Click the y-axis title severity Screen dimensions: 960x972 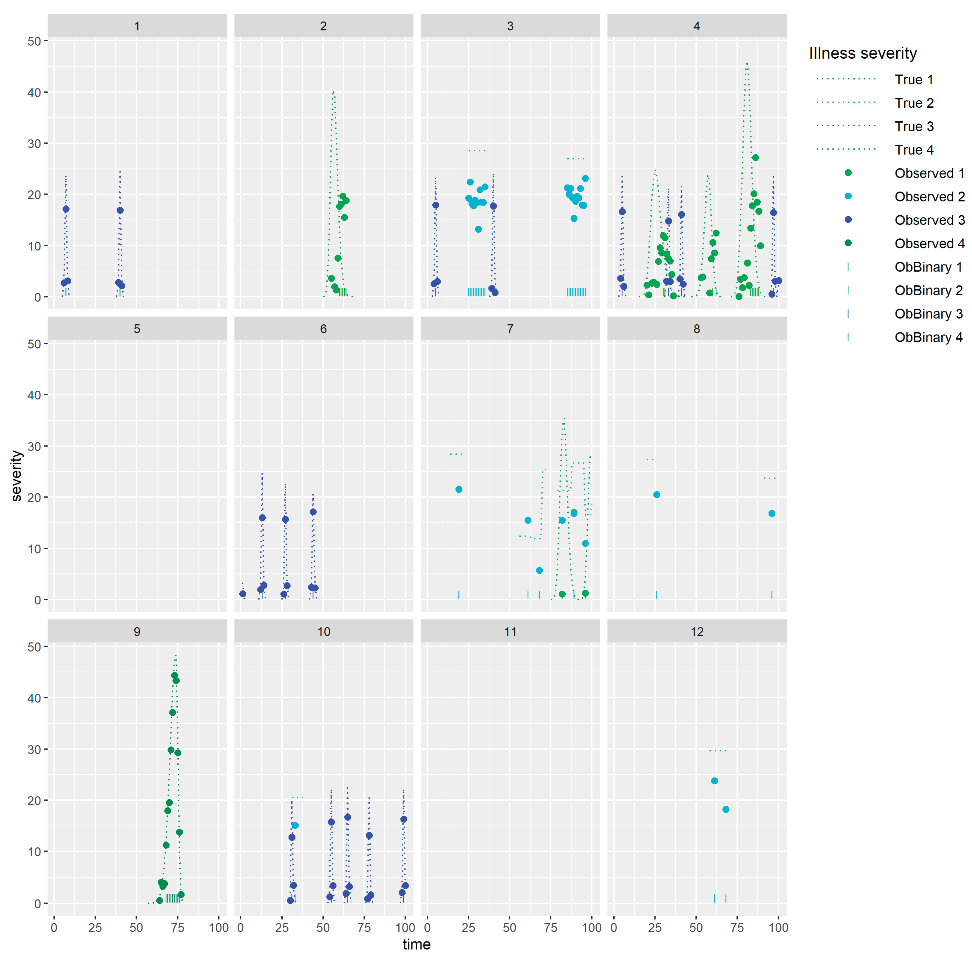coord(17,475)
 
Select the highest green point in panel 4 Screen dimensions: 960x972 coord(755,158)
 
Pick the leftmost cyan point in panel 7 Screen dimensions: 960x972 coord(458,490)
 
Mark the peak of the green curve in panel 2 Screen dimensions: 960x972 coord(333,92)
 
